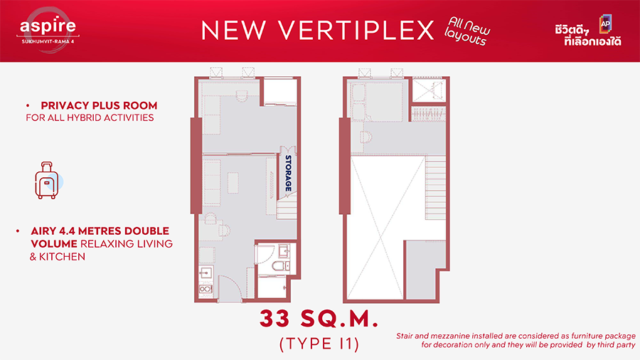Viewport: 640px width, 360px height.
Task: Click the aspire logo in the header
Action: (x=48, y=30)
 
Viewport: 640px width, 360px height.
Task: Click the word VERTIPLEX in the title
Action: (x=356, y=30)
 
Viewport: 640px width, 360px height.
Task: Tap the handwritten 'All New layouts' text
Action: (x=467, y=31)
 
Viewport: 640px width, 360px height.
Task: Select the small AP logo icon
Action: (x=605, y=23)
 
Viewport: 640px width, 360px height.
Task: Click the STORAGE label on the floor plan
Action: (x=288, y=173)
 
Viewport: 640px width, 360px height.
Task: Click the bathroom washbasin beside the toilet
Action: (x=284, y=250)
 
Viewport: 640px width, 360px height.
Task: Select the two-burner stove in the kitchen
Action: (x=206, y=289)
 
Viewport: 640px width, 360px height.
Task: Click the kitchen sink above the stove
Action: (x=206, y=272)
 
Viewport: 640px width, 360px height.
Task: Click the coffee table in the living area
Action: (x=233, y=182)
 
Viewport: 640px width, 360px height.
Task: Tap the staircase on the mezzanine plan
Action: (x=435, y=188)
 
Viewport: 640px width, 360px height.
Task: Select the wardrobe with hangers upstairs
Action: (x=427, y=114)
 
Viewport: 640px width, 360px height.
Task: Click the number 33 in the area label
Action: (x=275, y=319)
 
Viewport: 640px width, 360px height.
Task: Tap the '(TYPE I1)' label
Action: (x=319, y=344)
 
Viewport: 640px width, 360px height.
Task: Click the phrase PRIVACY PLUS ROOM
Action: (x=99, y=105)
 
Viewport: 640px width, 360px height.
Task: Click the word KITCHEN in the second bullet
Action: (x=62, y=257)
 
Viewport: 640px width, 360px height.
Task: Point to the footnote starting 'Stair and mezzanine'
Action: (x=516, y=340)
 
